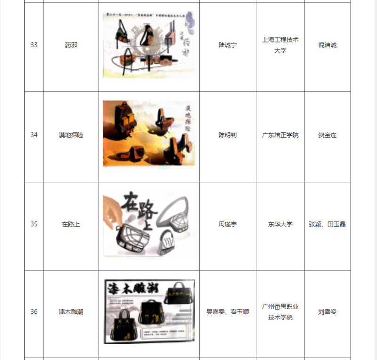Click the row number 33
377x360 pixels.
tap(34, 45)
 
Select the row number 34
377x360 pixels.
tap(34, 135)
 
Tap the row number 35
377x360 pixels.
tap(34, 224)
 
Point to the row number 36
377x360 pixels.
tap(34, 311)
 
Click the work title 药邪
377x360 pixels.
tap(71, 45)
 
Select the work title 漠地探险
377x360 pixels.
tap(71, 135)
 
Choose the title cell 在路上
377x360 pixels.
tap(71, 224)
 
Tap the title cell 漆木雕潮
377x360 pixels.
tap(71, 311)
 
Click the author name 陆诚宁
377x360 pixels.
tap(228, 45)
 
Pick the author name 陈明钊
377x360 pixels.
tap(228, 135)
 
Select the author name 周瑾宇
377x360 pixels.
tap(228, 224)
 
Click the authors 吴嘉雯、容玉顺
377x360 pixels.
tap(228, 311)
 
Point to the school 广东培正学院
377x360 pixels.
tap(280, 135)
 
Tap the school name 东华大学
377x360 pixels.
tap(280, 224)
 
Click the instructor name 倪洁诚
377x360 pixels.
tap(328, 45)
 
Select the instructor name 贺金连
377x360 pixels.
tap(328, 135)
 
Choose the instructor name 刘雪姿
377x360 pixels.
tap(328, 311)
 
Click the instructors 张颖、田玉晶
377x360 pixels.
tap(328, 224)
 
